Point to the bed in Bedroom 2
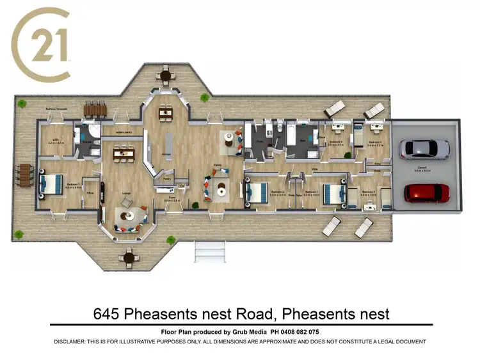pos(257,191)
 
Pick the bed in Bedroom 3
pos(333,192)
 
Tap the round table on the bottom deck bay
pos(129,258)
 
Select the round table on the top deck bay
pos(166,76)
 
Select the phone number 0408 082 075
pos(295,332)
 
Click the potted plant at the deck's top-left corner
pos(22,103)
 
